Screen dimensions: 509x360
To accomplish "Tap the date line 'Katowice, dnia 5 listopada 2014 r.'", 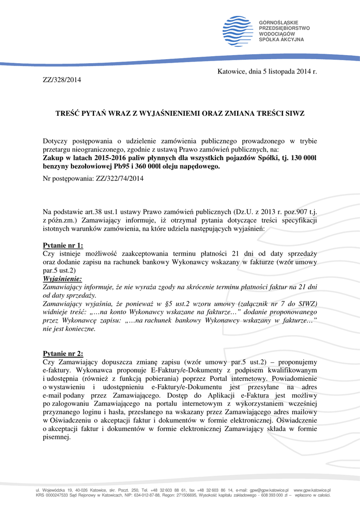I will point(267,72).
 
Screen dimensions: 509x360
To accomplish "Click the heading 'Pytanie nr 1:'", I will point(63,245).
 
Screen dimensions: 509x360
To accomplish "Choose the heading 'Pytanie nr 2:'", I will point(63,353).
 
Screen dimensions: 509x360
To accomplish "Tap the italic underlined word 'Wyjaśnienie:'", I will point(63,279).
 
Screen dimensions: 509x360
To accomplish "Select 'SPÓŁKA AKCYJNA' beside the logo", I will point(281,39).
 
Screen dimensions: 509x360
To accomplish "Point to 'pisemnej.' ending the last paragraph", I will point(57,438).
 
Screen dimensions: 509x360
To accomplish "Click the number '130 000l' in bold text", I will point(299,159).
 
